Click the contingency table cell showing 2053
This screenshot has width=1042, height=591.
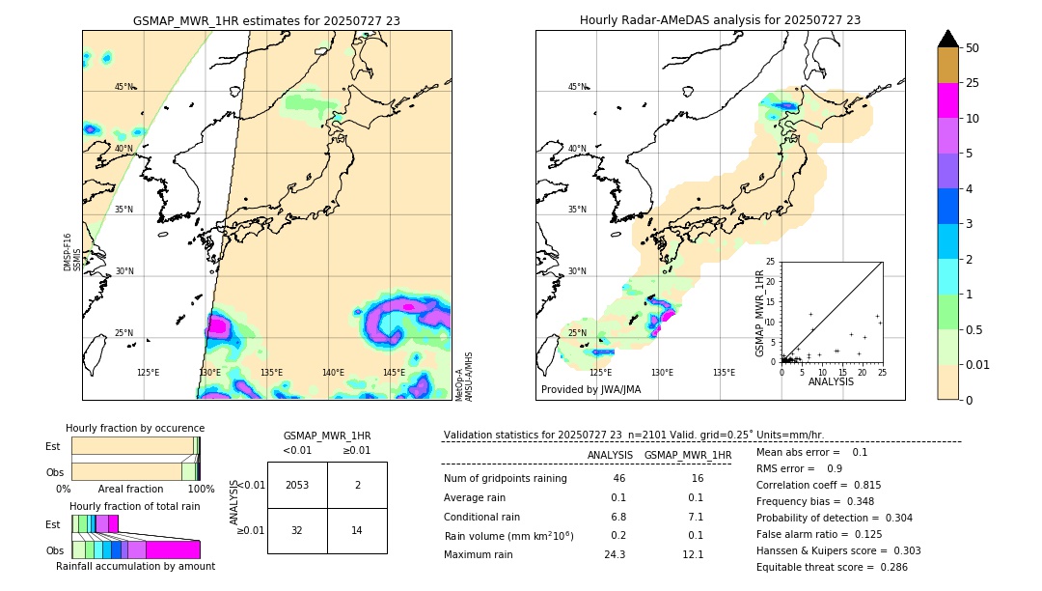tap(297, 485)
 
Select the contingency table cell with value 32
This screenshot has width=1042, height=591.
tap(297, 530)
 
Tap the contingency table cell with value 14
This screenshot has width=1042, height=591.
tap(357, 530)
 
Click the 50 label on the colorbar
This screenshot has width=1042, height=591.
tap(973, 48)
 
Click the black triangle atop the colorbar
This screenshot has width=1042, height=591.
tap(948, 39)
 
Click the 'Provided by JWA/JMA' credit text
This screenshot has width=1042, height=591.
tap(590, 389)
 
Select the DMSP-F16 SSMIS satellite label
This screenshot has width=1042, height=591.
tap(72, 251)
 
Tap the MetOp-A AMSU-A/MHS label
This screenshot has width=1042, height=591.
tap(464, 376)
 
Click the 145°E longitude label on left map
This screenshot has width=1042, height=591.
tap(394, 373)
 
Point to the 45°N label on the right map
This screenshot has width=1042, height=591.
tap(577, 87)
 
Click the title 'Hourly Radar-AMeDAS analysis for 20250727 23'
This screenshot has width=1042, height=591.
tap(720, 20)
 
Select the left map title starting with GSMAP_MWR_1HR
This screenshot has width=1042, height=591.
tap(266, 20)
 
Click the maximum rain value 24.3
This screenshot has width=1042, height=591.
tap(615, 554)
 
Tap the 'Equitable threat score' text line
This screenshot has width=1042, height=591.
tap(832, 567)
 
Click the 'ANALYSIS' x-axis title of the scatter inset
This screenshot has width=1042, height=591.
tap(831, 381)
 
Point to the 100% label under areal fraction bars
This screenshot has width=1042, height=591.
tap(201, 490)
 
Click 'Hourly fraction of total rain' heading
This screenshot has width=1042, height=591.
tap(134, 506)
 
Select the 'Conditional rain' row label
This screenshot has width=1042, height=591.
tap(482, 517)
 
